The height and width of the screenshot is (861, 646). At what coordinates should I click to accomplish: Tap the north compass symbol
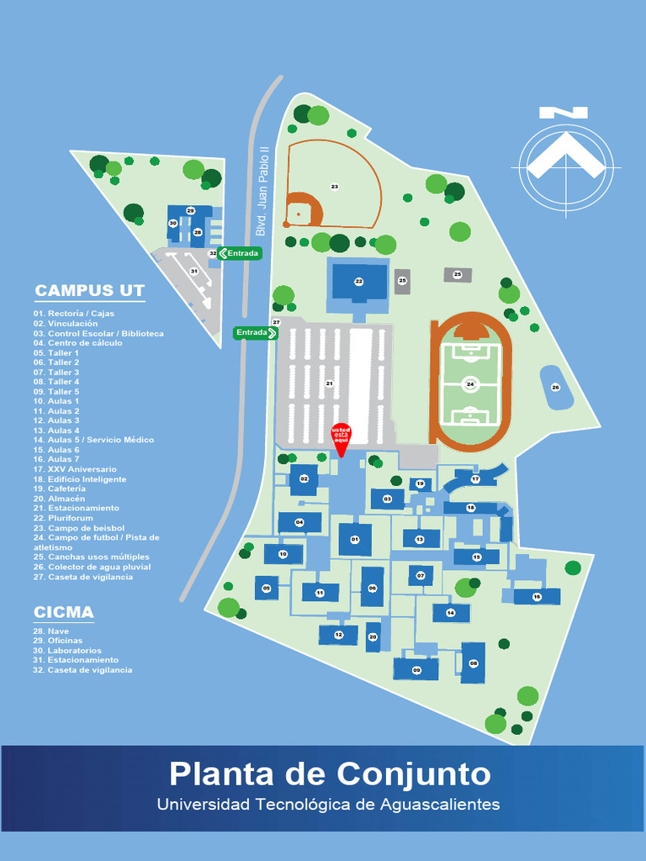point(565,161)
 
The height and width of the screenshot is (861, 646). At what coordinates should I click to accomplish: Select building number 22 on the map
point(359,282)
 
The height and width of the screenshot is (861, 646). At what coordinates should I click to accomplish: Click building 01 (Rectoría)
point(355,539)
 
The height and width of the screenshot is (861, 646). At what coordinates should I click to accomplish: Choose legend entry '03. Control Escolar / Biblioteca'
point(98,334)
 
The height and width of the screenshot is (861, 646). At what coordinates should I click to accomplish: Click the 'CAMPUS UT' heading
point(90,291)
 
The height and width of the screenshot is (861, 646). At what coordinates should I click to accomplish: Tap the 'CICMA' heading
point(64,611)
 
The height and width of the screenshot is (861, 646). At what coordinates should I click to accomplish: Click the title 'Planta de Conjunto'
point(330,773)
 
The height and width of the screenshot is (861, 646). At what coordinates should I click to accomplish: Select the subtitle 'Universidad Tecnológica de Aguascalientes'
point(328,805)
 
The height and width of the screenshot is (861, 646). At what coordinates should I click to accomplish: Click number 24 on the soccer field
point(470,384)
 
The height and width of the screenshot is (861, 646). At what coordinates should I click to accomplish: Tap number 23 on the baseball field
point(334,187)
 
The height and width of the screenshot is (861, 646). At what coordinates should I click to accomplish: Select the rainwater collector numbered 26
point(555,387)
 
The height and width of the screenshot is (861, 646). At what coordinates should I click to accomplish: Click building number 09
point(416,670)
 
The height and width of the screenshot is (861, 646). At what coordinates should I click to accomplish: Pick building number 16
point(537,596)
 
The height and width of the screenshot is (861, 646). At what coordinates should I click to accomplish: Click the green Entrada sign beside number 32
point(241,253)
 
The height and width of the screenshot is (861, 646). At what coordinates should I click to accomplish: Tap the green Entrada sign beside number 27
point(256,333)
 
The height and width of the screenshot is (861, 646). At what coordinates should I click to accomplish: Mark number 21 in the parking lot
point(329,383)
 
